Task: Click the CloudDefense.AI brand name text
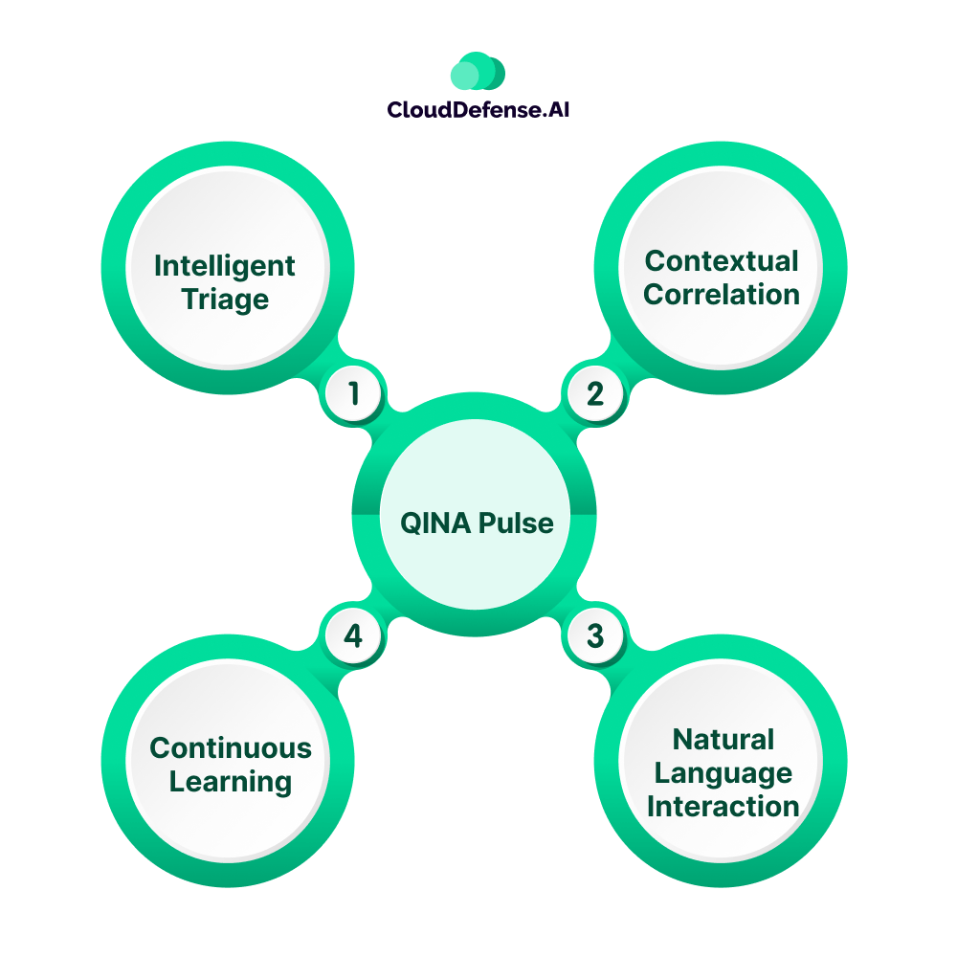click(478, 110)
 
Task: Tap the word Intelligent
click(225, 265)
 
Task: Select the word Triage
click(226, 300)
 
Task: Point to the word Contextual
click(722, 260)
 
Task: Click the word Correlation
click(722, 294)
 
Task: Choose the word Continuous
click(231, 747)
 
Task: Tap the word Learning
click(231, 781)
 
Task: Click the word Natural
click(723, 739)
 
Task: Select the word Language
click(723, 772)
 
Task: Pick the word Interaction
click(723, 806)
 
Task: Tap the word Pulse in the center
click(518, 523)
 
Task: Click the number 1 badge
click(354, 393)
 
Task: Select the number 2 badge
click(595, 393)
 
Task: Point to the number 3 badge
click(595, 635)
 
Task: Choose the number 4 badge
click(354, 635)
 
